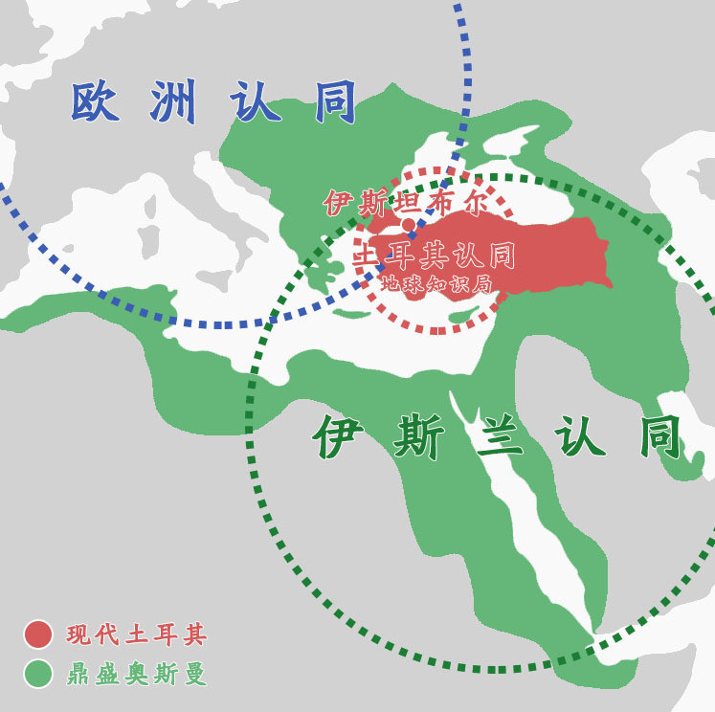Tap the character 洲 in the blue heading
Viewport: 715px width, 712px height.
tap(173, 102)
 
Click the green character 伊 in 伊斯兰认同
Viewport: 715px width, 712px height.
tap(342, 439)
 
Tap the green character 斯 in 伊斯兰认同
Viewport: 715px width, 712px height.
tap(418, 439)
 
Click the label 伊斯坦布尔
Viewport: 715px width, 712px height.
tap(406, 203)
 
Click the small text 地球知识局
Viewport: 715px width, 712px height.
tap(435, 283)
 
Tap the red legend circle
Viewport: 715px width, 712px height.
tap(37, 634)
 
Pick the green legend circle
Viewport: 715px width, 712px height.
tap(37, 674)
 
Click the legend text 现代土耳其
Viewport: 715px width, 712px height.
tap(136, 634)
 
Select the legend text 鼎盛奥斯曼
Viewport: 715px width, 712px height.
tap(136, 675)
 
